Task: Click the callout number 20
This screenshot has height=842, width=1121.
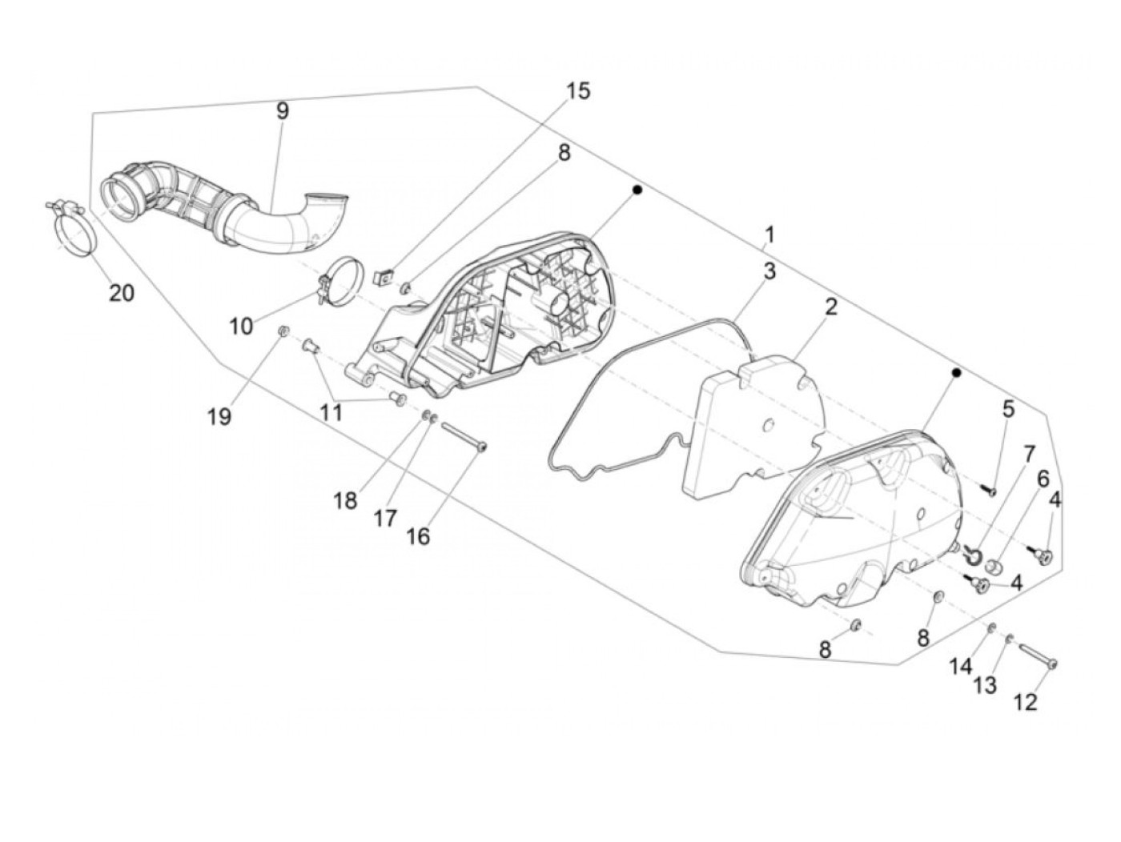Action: click(122, 293)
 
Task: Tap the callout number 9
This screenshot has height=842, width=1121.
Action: click(282, 111)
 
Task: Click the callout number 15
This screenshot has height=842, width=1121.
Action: click(577, 91)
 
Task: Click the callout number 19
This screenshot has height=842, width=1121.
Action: click(219, 416)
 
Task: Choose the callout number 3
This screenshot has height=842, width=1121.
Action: click(769, 271)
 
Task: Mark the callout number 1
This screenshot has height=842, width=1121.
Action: click(769, 235)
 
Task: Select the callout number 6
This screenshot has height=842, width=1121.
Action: click(1043, 479)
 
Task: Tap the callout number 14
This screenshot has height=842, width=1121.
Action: click(961, 665)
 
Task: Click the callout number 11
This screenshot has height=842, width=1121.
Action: click(331, 412)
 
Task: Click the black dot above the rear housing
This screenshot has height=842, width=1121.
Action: click(637, 190)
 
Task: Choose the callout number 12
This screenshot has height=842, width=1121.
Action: click(1025, 702)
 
